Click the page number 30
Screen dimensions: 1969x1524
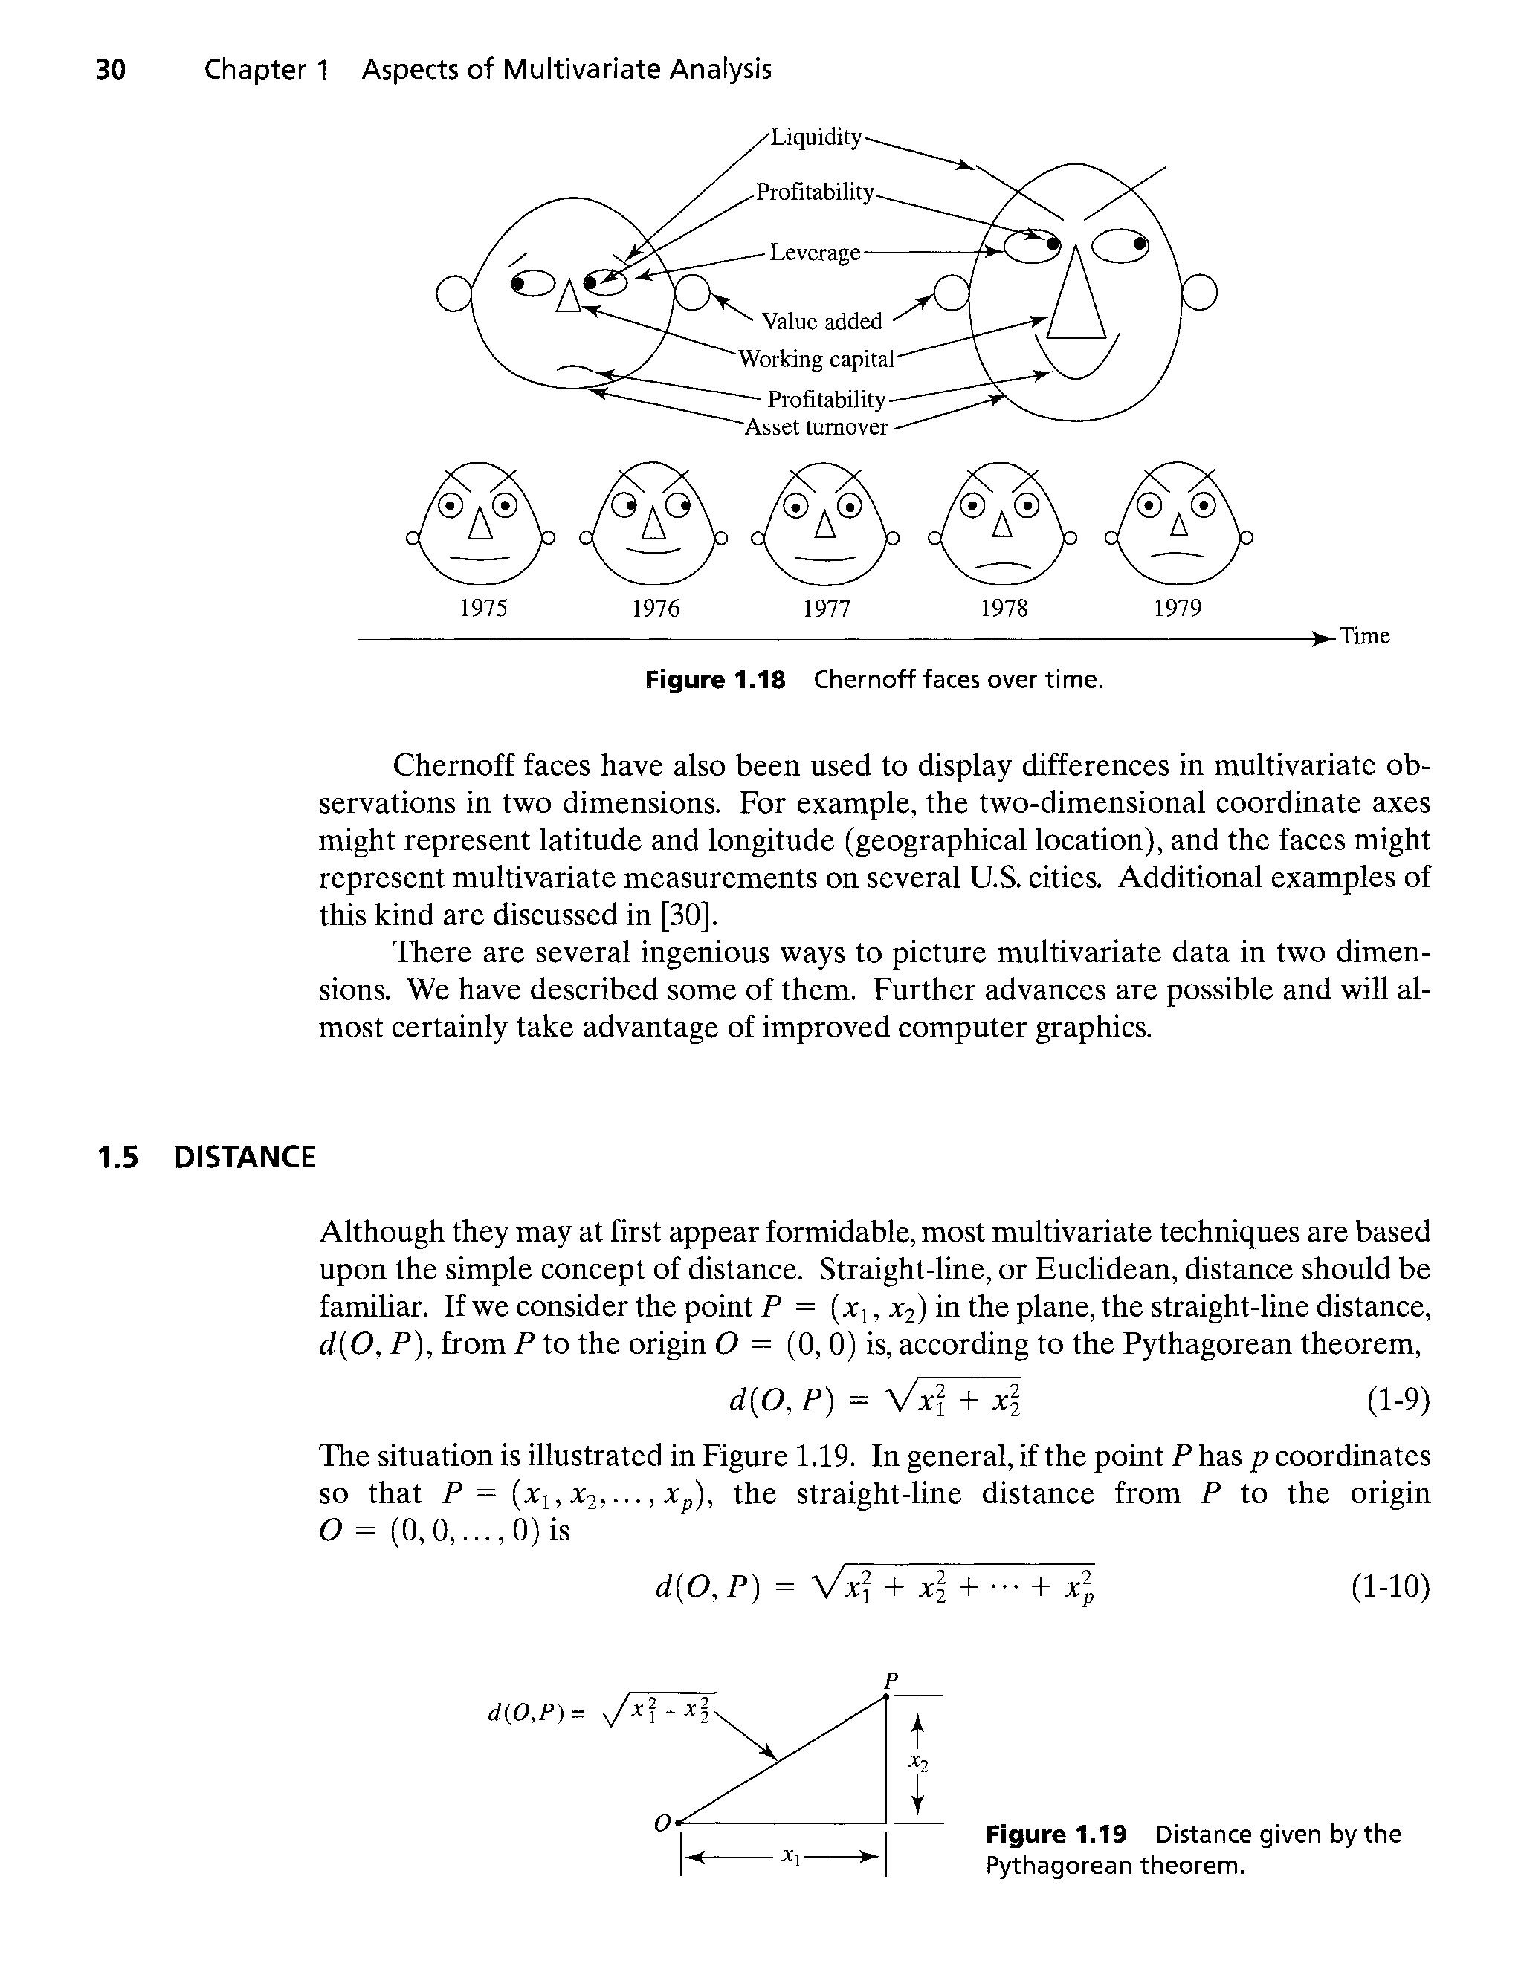[x=110, y=69]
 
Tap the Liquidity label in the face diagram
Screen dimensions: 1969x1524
[x=816, y=137]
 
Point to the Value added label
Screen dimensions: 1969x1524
[x=821, y=322]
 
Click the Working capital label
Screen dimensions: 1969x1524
[x=816, y=360]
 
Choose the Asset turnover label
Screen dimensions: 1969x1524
[x=816, y=427]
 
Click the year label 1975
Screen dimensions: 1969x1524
[x=483, y=609]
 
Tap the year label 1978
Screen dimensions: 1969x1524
[x=1004, y=609]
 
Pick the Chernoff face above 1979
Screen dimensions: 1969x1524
[x=1177, y=523]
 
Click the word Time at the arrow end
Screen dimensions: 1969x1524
[x=1364, y=637]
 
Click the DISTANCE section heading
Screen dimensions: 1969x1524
[x=245, y=1157]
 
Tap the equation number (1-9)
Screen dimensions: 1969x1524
[x=1398, y=1400]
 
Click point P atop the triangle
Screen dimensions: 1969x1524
[x=888, y=1697]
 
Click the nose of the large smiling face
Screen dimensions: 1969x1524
[x=1075, y=297]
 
